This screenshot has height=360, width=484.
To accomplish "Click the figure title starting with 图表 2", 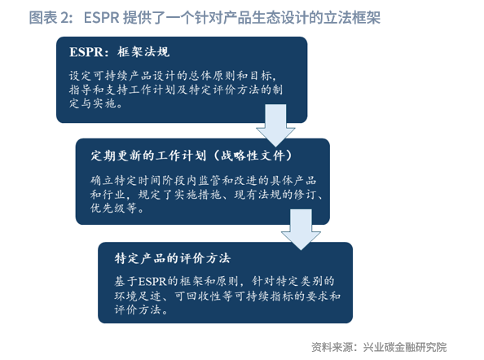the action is click(x=205, y=17).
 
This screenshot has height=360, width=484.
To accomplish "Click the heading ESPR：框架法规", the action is click(x=120, y=52).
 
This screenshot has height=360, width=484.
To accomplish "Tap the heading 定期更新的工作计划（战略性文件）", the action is click(x=191, y=156).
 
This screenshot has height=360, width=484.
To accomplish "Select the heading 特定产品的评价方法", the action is click(x=173, y=258).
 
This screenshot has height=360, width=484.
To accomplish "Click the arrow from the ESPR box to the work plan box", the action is click(x=275, y=125).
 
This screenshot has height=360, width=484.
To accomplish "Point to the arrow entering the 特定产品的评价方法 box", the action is click(x=301, y=230).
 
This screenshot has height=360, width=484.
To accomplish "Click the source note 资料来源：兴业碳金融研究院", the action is click(x=379, y=347).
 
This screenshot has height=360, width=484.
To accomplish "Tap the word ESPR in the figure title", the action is click(x=102, y=18).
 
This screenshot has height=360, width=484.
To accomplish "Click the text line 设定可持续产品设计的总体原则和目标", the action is click(x=172, y=76).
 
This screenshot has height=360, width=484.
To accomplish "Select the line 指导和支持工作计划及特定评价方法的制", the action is click(x=176, y=90).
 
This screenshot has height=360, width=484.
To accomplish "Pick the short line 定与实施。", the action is click(x=96, y=103).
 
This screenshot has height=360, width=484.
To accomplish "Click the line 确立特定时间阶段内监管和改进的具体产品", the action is click(x=204, y=181).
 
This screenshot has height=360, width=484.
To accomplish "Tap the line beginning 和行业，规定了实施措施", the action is click(x=206, y=195).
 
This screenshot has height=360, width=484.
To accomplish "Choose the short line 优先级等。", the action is click(x=117, y=209).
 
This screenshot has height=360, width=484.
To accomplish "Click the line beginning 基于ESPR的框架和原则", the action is click(x=224, y=281).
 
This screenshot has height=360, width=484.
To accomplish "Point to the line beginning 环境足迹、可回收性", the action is click(x=227, y=296).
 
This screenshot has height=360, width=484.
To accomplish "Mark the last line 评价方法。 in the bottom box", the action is click(x=142, y=310).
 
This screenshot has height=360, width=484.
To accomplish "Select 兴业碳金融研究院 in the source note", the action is click(x=405, y=347).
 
